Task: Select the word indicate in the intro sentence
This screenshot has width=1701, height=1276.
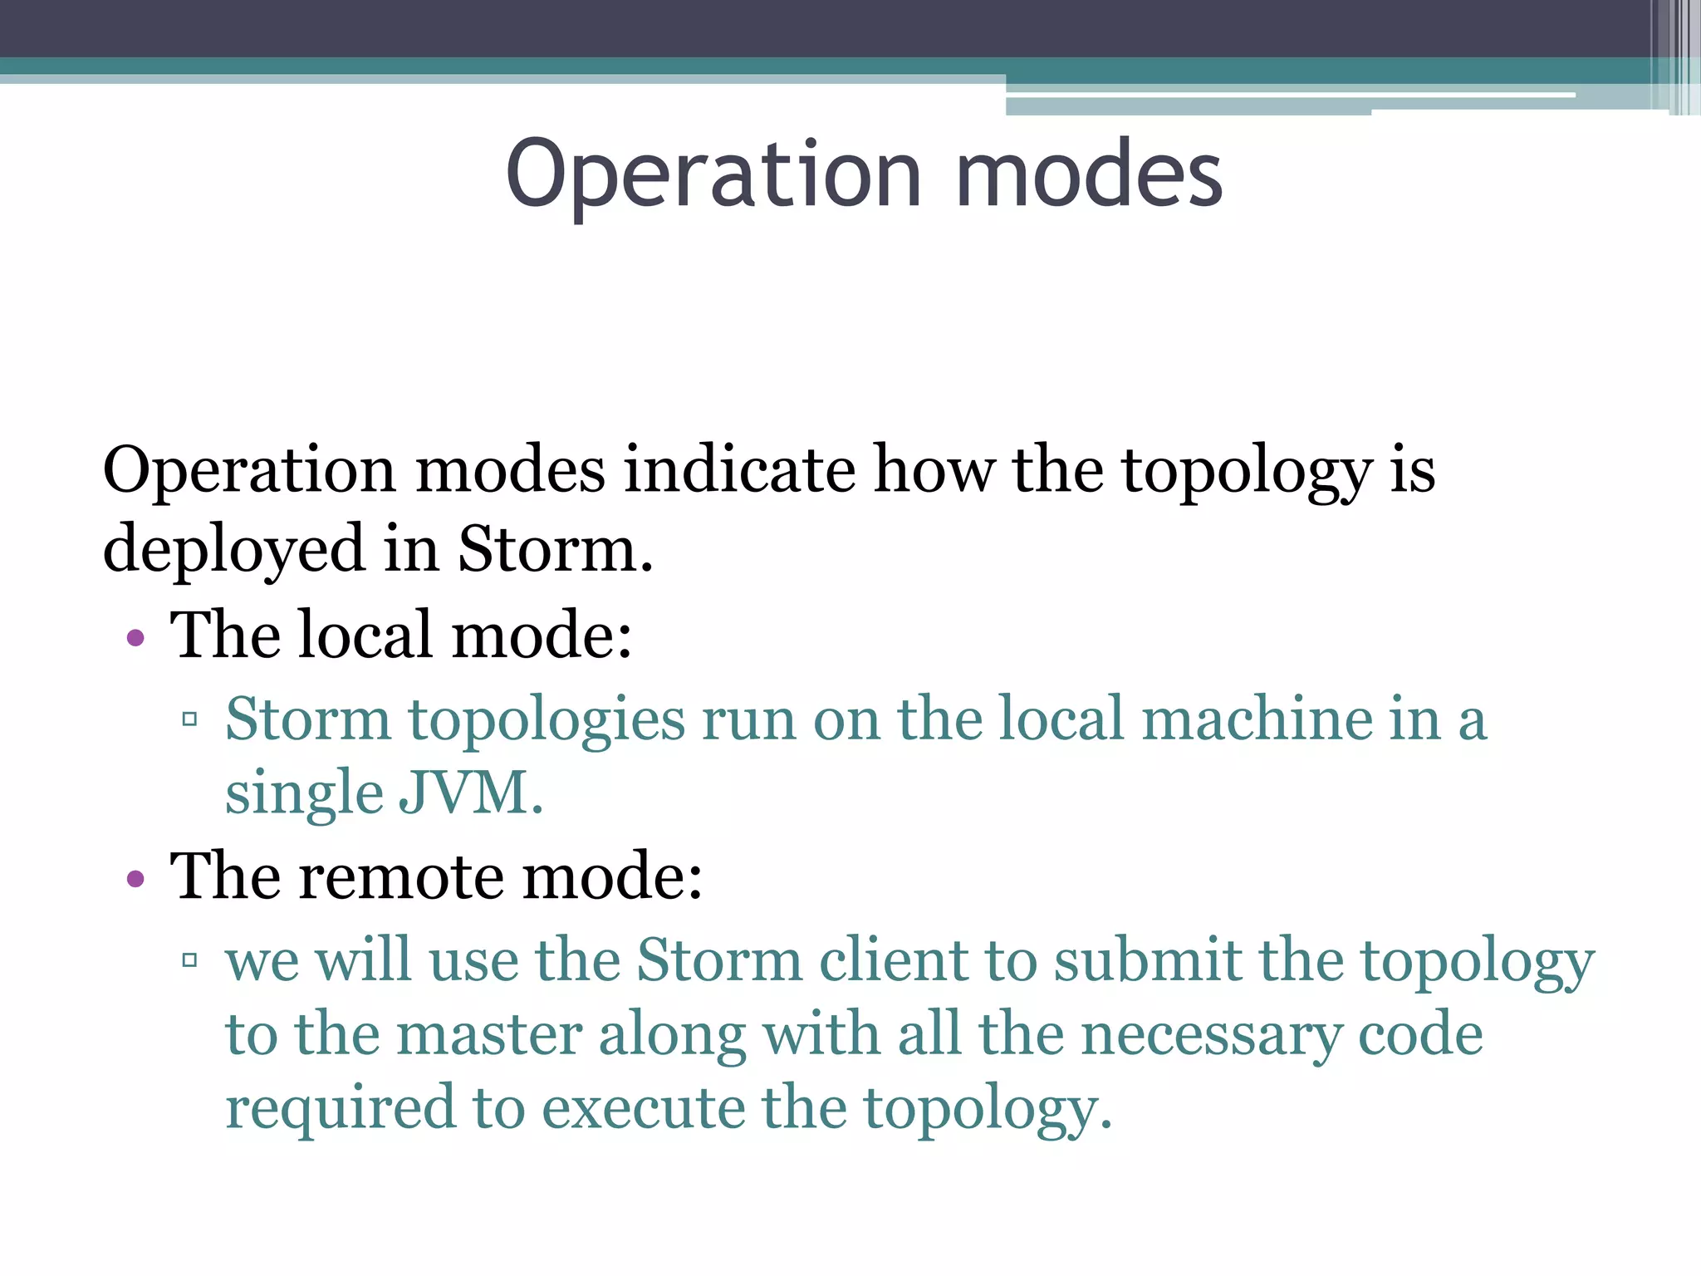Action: point(739,470)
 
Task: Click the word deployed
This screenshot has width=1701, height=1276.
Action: point(233,550)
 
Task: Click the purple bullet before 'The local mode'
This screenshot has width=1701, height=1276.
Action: point(135,639)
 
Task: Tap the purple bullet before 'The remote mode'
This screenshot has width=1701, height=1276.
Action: point(135,880)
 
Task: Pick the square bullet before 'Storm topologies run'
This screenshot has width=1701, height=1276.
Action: point(189,719)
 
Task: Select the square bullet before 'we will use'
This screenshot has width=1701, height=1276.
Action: point(189,960)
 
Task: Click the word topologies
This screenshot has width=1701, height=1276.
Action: point(547,720)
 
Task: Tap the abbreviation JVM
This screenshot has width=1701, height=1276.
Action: point(470,793)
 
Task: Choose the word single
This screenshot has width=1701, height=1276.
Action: point(303,794)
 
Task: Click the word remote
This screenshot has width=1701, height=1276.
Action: point(401,877)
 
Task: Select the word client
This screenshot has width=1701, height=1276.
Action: point(893,960)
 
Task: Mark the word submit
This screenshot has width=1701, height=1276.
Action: point(1146,960)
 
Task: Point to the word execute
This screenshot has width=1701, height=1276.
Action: point(643,1109)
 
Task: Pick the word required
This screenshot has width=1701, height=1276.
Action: point(341,1109)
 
